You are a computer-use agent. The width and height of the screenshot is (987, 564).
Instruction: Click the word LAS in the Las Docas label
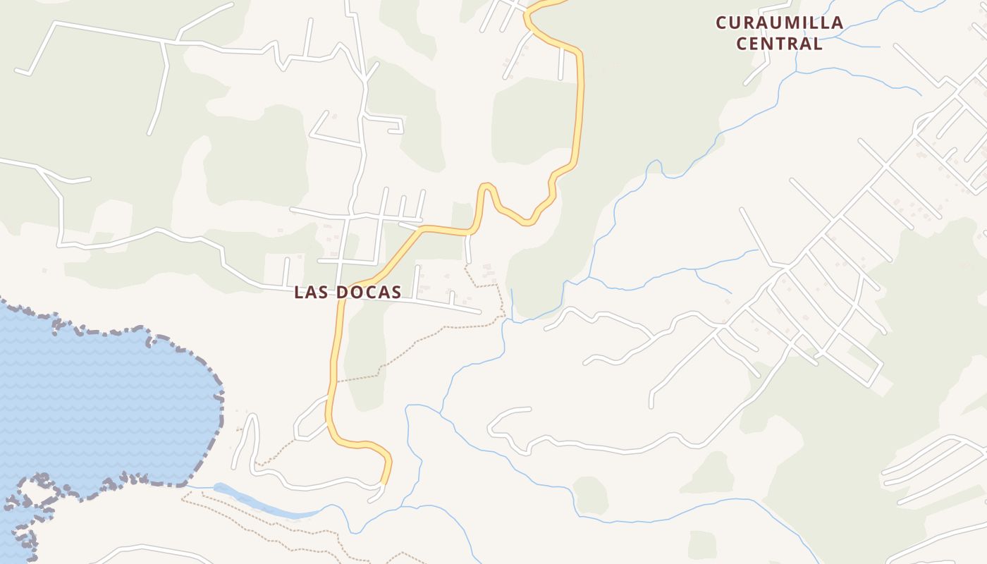311,292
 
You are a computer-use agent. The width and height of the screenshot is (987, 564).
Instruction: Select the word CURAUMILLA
779,23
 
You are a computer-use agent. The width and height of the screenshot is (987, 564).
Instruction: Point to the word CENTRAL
779,44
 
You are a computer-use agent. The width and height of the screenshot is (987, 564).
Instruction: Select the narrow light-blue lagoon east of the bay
261,503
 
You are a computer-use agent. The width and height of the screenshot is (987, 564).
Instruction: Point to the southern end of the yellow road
384,483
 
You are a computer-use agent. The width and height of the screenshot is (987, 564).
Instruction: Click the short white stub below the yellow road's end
376,496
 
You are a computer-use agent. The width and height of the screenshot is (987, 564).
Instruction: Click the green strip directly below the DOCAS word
367,352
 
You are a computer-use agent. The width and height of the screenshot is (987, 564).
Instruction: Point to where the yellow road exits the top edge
557,2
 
